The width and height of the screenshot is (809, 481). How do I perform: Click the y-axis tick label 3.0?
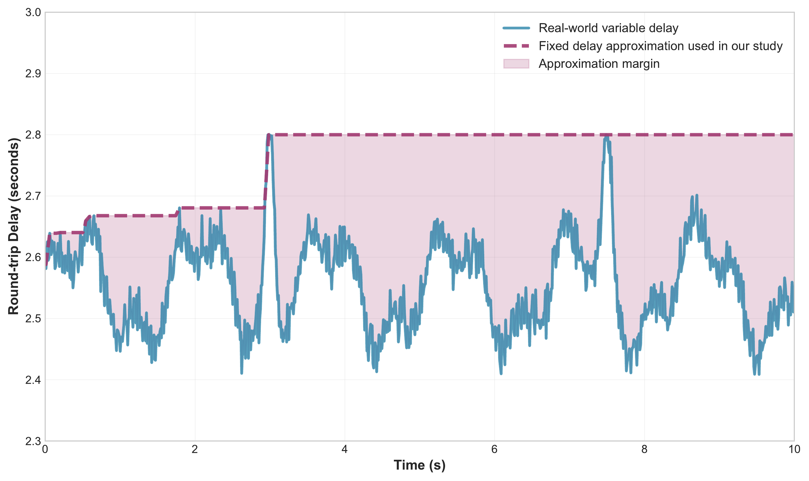tap(33, 13)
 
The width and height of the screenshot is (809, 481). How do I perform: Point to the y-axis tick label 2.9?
tap(33, 74)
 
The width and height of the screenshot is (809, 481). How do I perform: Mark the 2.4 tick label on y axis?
tap(33, 380)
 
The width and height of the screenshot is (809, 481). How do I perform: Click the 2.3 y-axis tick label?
tap(33, 442)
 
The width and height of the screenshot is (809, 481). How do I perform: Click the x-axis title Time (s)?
tap(419, 465)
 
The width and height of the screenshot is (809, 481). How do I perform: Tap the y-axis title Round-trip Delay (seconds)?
tap(14, 226)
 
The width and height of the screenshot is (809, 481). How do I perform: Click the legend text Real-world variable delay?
tap(608, 28)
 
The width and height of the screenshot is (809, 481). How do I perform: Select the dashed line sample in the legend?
tap(516, 46)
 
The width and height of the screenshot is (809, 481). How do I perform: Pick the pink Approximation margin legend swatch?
tap(516, 64)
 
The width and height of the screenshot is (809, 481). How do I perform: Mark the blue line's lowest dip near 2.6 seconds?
tap(242, 373)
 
